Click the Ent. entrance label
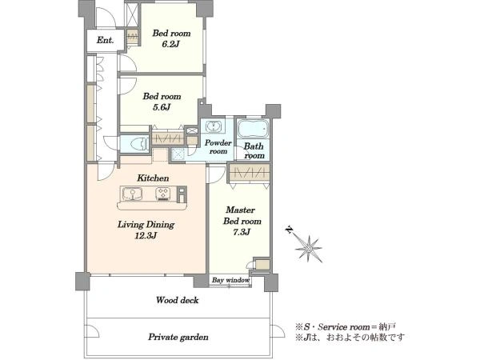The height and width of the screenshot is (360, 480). click(106, 40)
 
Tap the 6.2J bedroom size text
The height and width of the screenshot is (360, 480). click(171, 44)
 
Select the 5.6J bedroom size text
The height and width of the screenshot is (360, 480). click(162, 107)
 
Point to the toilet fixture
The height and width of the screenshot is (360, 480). click(139, 143)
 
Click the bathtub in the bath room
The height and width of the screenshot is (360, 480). click(253, 129)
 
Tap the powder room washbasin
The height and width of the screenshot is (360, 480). click(214, 126)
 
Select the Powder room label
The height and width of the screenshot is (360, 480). click(218, 147)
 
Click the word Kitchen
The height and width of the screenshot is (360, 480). click(153, 178)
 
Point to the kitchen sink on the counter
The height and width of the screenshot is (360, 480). click(132, 194)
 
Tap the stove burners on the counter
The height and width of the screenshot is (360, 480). click(162, 194)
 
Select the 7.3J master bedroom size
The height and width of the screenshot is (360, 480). click(242, 232)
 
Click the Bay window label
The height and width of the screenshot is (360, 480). click(231, 280)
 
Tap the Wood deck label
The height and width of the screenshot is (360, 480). click(178, 300)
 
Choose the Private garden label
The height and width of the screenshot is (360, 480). click(178, 338)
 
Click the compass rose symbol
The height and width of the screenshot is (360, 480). click(309, 248)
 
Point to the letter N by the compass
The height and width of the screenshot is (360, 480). click(289, 230)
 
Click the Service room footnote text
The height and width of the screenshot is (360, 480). click(345, 327)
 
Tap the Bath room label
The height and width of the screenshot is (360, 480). click(254, 151)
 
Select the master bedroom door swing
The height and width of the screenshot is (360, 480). click(217, 174)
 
